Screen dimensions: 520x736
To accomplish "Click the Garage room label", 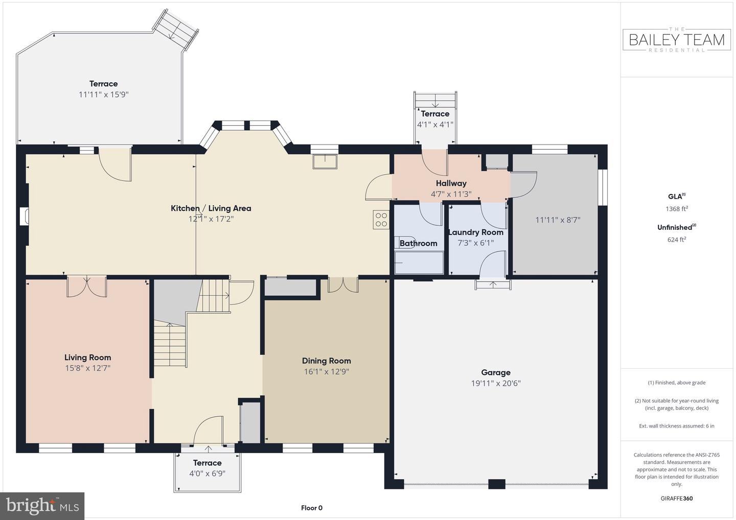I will point(495,372).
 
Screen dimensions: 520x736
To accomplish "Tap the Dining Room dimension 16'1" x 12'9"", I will point(326,372).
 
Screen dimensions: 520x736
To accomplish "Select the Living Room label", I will point(87,358).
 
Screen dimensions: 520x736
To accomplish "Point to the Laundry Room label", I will point(475,232).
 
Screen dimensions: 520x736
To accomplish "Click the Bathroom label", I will point(418,243).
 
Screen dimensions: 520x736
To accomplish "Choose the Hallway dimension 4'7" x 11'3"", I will point(451,194).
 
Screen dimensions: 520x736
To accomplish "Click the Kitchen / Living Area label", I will point(211,208).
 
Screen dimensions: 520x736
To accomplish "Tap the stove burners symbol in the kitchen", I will point(381,219).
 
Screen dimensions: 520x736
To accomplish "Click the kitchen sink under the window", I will point(325,161).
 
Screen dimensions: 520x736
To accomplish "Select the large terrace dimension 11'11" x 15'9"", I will point(103,94).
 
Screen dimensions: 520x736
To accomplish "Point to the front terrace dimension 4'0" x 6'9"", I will point(207,474).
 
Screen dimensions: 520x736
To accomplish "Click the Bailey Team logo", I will point(677,39).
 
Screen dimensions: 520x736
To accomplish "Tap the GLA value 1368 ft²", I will point(677,209).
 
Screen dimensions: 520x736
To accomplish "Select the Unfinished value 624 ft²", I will point(677,240).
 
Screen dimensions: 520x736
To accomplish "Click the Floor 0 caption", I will point(311,508).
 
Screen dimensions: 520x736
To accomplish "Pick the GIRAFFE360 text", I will point(677,499).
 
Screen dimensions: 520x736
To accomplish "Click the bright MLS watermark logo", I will point(42,506).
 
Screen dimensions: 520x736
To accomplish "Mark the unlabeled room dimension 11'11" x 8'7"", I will point(558,220).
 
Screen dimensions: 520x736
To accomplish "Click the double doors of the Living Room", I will point(87,286).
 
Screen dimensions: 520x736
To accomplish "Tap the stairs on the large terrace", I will point(176,30).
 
